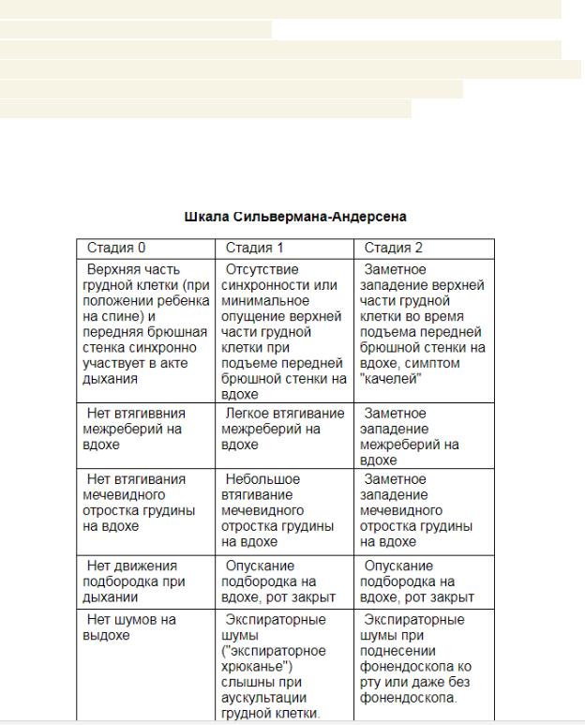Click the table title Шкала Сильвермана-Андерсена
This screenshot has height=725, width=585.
click(295, 217)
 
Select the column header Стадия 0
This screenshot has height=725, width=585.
click(116, 249)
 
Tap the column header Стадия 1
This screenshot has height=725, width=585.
click(254, 249)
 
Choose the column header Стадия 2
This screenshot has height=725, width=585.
click(393, 249)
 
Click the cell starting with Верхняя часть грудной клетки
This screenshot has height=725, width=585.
click(145, 325)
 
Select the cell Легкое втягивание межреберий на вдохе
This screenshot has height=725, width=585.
click(284, 430)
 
